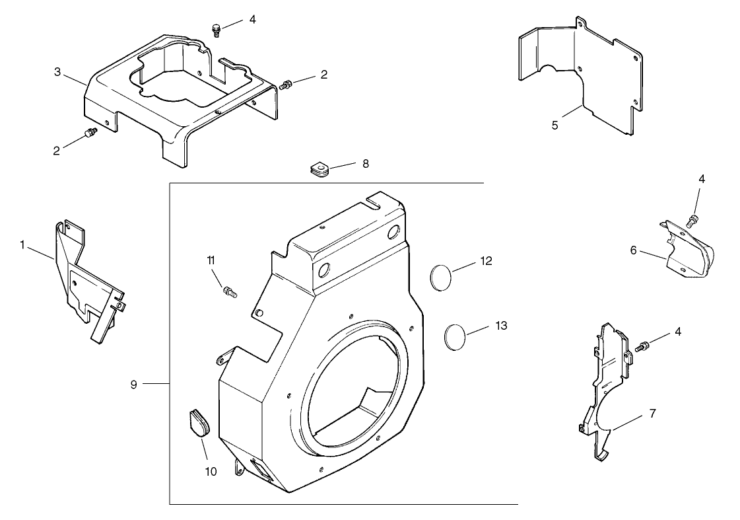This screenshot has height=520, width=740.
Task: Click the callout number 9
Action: pyautogui.click(x=133, y=384)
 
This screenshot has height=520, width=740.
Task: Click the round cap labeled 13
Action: pyautogui.click(x=454, y=335)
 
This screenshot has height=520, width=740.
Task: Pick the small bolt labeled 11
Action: pyautogui.click(x=230, y=290)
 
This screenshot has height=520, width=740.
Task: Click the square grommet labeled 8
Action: pyautogui.click(x=320, y=170)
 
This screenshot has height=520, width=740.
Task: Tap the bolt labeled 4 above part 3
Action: pyautogui.click(x=215, y=30)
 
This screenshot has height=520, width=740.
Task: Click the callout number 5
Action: pyautogui.click(x=555, y=124)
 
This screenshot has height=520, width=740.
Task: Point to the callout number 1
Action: pyautogui.click(x=22, y=244)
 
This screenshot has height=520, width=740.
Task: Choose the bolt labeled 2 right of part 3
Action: pyautogui.click(x=286, y=85)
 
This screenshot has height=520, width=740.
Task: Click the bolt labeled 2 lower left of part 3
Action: pyautogui.click(x=90, y=135)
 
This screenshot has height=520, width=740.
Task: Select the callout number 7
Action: pyautogui.click(x=652, y=414)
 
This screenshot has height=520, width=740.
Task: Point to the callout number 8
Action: pyautogui.click(x=365, y=163)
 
